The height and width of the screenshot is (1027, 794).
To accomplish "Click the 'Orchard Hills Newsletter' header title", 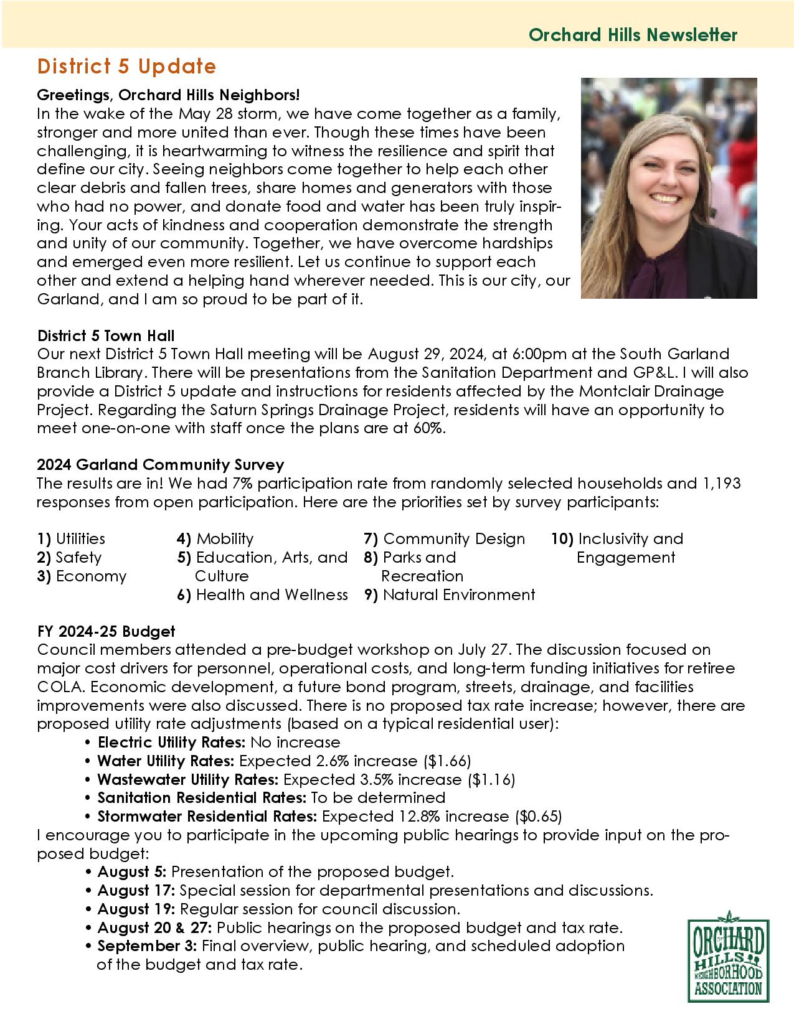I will coord(633,35).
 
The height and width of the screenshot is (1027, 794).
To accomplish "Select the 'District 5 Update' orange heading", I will coord(126,66).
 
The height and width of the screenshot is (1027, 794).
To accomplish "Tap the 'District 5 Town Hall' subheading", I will coord(105,336).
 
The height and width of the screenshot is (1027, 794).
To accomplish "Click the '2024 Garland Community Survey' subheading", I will coord(160,464).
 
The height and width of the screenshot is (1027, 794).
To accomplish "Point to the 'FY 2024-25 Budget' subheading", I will coord(106,631).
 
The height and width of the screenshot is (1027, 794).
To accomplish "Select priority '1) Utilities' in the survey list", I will coord(71,538).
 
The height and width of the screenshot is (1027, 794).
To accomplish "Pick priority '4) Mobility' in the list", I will coord(215,538).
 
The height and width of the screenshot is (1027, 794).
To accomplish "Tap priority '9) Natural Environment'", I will coord(450,594).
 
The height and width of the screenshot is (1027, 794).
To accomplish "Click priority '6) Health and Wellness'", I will coord(262,594).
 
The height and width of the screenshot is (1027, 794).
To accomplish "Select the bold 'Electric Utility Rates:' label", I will coord(172,742).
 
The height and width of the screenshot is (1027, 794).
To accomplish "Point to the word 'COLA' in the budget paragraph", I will coord(55,687).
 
